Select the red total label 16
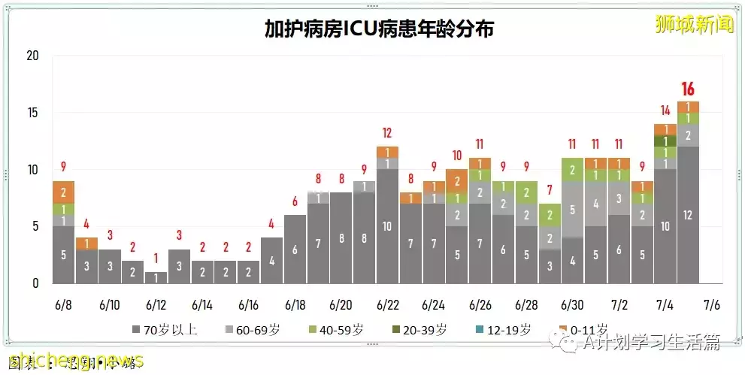point(688,89)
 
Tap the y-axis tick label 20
point(32,56)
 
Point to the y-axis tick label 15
point(32,113)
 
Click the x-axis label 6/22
point(387,306)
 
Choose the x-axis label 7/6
point(712,306)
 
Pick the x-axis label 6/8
point(63,306)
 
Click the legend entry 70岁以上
point(160,330)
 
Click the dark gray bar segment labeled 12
point(688,215)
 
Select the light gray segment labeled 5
point(572,210)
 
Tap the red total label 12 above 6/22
point(387,134)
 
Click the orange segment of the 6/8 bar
point(63,192)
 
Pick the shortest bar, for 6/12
point(156,277)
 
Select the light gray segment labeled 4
point(595,204)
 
